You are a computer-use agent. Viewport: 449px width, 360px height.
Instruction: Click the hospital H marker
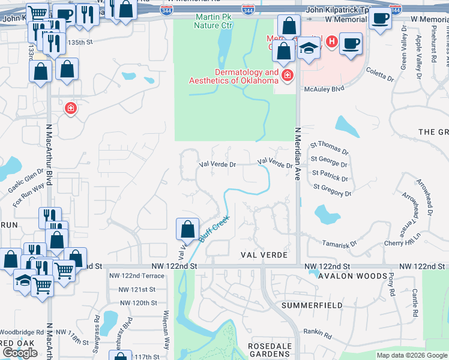[x=331, y=42]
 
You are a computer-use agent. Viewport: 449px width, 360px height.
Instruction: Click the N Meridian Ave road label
[x=297, y=154]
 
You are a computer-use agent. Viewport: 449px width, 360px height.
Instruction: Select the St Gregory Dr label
[x=332, y=190]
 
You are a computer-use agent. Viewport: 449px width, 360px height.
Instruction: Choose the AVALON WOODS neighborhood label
[x=352, y=276]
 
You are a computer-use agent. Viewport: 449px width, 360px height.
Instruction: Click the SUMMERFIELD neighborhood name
[x=313, y=305]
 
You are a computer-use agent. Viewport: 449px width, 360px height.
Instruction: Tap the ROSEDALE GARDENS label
[x=270, y=350]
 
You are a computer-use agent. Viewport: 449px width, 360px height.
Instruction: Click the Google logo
[x=20, y=353]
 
